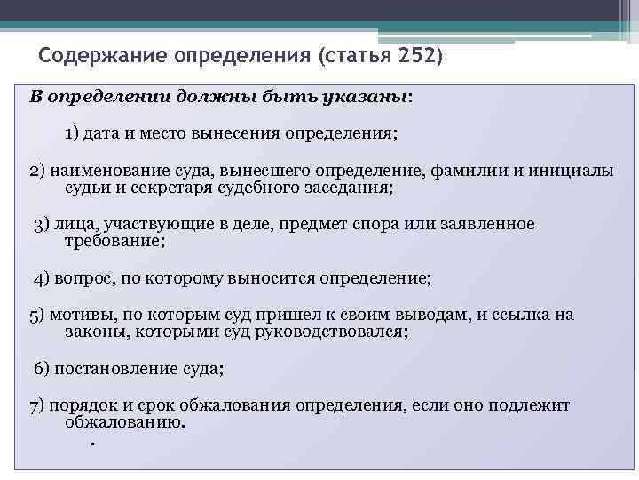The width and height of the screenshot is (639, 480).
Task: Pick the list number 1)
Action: pos(72,133)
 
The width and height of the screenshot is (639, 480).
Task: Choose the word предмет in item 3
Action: pos(321,224)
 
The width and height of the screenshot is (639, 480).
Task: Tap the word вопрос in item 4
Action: pos(81,277)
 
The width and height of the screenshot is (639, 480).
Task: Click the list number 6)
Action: pos(43,368)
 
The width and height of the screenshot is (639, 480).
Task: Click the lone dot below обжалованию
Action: pos(92,443)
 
